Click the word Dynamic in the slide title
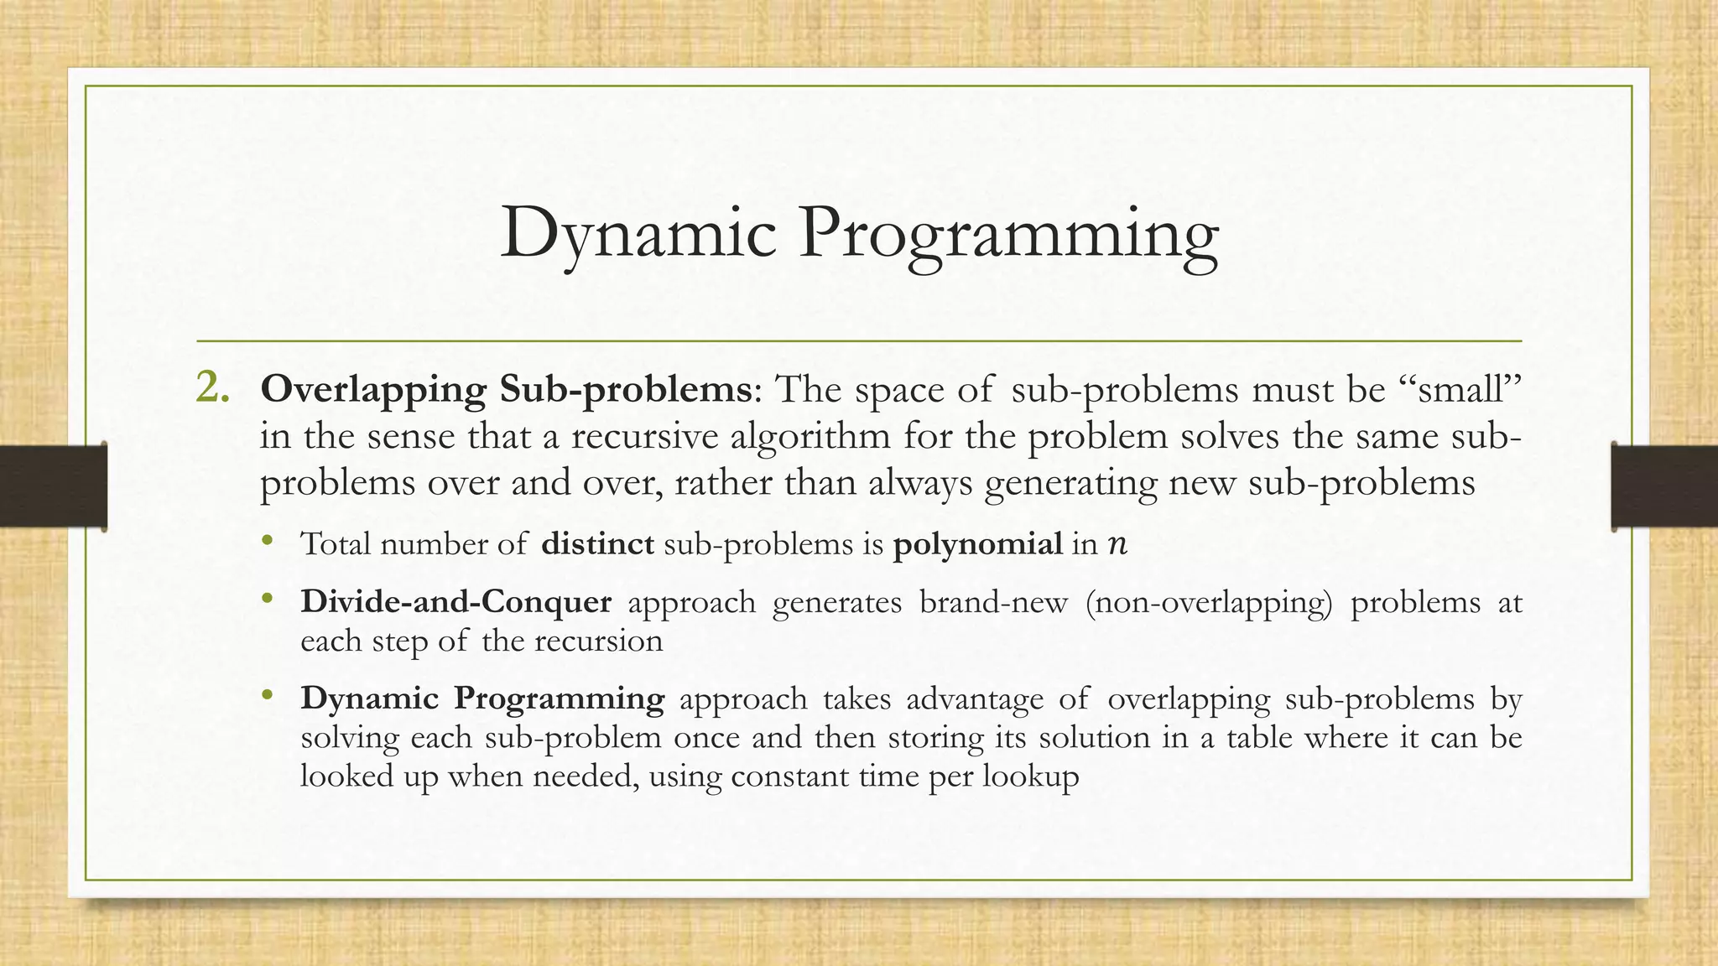(638, 234)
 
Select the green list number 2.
(212, 387)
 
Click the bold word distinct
(597, 543)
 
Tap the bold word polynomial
(978, 545)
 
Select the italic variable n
(1117, 545)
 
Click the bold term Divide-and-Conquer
(456, 602)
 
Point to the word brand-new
(993, 602)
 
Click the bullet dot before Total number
(267, 541)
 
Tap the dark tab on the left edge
(53, 486)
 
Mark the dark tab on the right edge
(1664, 486)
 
